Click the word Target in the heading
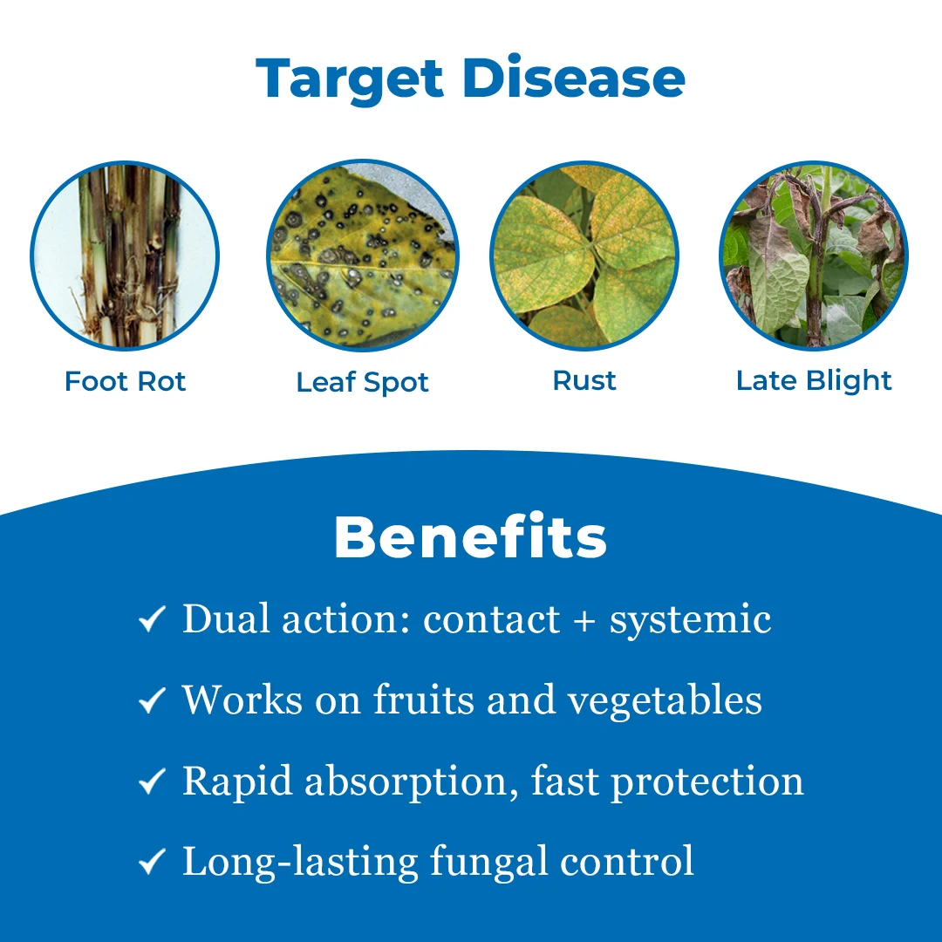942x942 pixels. click(350, 79)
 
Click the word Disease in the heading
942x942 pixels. click(574, 78)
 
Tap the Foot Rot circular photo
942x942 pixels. click(125, 256)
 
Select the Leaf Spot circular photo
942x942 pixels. click(363, 256)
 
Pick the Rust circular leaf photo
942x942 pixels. click(584, 256)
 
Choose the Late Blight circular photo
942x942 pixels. click(814, 256)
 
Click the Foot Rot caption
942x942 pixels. click(125, 381)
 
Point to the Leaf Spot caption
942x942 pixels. click(362, 383)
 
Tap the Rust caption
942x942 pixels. click(584, 381)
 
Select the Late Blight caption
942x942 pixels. click(814, 381)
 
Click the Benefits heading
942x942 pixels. click(470, 536)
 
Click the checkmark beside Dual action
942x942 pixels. click(152, 618)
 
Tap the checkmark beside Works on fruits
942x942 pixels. click(152, 700)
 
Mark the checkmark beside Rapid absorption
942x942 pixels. click(152, 781)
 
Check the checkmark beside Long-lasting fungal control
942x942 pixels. click(152, 862)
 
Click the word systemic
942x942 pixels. click(690, 621)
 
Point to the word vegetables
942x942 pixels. click(665, 700)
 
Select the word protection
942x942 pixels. click(707, 782)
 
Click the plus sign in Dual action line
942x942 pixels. click(584, 621)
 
